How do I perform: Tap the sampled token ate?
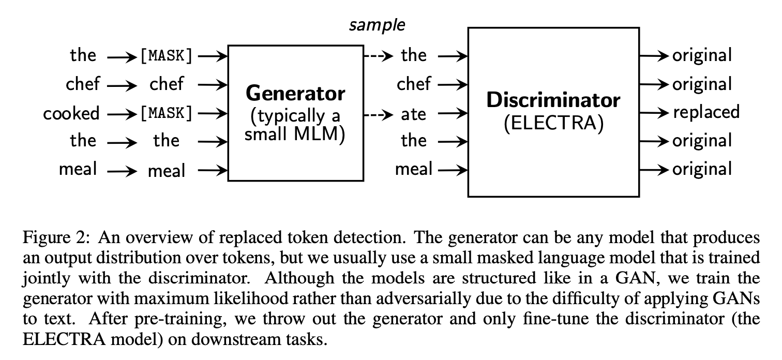[x=413, y=114]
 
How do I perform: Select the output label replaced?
[x=706, y=112]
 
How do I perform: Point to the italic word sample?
[x=377, y=25]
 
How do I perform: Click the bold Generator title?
[x=295, y=94]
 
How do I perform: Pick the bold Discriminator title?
[x=553, y=100]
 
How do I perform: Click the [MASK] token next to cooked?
[x=166, y=113]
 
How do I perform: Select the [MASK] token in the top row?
[x=166, y=55]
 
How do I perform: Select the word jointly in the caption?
[x=42, y=278]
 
